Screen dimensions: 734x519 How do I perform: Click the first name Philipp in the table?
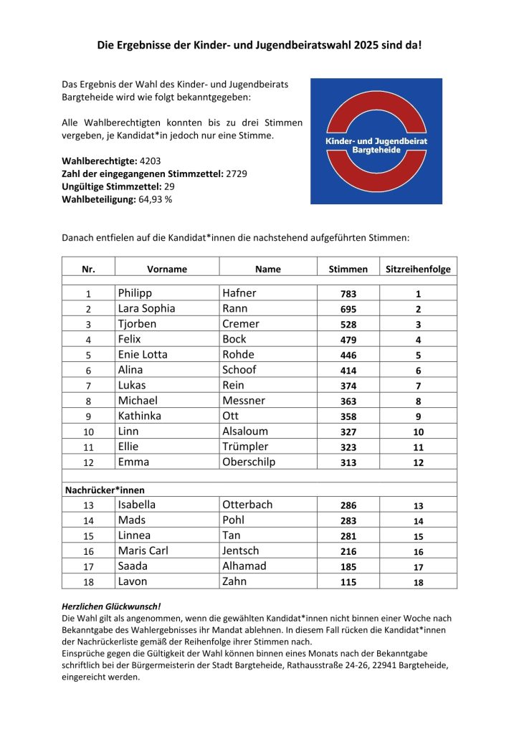(135, 293)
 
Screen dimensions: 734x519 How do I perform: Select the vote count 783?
(348, 294)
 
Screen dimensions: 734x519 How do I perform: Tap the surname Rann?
(234, 309)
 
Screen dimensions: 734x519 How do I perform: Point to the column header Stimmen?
(348, 270)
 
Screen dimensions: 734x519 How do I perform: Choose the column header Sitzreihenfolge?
(418, 270)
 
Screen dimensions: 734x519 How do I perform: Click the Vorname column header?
(167, 270)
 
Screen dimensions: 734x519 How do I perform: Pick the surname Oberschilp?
(248, 462)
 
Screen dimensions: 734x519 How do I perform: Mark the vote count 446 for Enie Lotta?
(348, 356)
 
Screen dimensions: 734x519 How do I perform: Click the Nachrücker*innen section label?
(100, 490)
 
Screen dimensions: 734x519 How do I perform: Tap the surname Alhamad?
(244, 566)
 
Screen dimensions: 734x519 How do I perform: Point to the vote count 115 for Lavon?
(348, 583)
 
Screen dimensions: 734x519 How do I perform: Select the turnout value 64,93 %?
(156, 199)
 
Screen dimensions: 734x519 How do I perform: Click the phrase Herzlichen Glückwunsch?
(101, 606)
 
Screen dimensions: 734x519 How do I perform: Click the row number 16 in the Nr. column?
(89, 552)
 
